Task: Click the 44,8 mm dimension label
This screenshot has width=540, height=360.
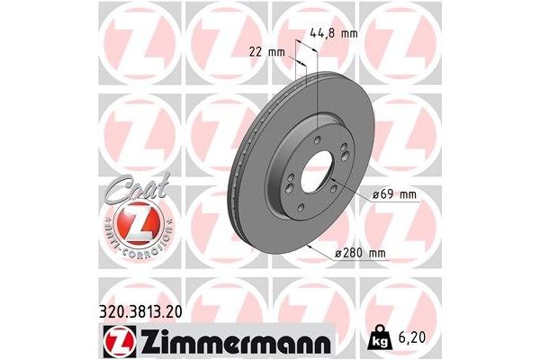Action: coord(333,33)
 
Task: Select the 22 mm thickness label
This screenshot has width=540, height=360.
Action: coord(270,52)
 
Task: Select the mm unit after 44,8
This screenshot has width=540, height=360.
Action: coord(348,33)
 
